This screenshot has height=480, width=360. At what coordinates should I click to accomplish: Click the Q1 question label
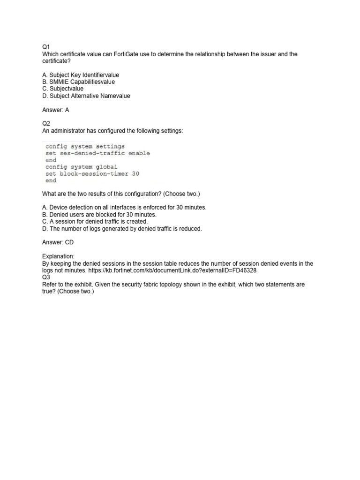(x=46, y=47)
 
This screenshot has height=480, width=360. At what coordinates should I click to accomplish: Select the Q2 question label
(x=46, y=124)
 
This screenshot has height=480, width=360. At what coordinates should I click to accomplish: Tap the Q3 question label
(x=46, y=277)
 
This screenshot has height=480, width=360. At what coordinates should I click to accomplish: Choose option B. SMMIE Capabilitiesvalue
(x=78, y=82)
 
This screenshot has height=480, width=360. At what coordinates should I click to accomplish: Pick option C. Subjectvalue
(x=63, y=89)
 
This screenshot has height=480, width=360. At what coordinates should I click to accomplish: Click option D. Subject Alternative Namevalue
(x=86, y=96)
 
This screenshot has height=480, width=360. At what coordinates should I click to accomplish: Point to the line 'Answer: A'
(x=56, y=110)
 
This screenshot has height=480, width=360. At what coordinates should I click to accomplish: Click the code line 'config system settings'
(x=85, y=146)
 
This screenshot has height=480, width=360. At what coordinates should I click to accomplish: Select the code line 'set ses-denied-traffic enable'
(x=97, y=153)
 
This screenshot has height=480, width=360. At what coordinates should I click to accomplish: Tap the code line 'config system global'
(x=81, y=167)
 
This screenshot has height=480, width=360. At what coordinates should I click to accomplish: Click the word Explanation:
(x=59, y=256)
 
